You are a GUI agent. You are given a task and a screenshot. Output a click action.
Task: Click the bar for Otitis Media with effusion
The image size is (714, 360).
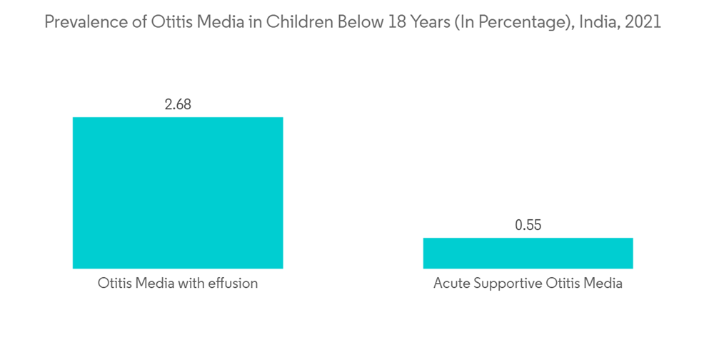178,193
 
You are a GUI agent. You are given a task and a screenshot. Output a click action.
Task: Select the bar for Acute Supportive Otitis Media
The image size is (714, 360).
528,253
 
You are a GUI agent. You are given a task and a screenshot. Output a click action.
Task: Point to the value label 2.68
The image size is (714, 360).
178,104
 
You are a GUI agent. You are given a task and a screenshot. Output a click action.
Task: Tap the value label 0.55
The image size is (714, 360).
528,225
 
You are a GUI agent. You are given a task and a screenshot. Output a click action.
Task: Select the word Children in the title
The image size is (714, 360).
296,22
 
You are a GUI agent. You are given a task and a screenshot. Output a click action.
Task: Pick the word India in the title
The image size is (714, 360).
595,22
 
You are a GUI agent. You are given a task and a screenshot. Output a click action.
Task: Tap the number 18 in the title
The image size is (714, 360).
396,22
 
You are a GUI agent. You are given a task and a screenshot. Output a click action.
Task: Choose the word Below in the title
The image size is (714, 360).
356,22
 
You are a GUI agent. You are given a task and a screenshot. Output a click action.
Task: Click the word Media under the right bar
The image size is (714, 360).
603,284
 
